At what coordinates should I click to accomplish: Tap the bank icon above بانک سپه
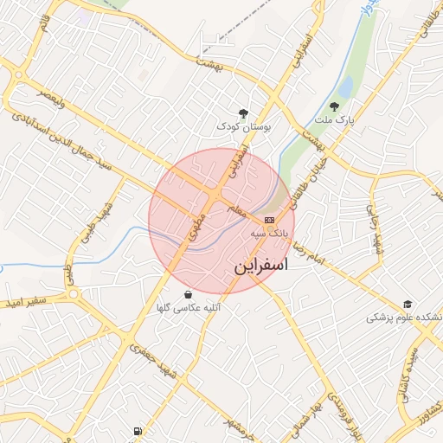[x=269, y=220]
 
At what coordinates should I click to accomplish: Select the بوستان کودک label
[x=244, y=126]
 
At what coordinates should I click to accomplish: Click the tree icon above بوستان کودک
[x=244, y=112]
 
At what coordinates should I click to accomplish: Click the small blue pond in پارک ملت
[x=345, y=87]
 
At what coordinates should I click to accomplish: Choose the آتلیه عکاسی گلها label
[x=188, y=308]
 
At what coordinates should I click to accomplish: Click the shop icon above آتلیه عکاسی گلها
[x=188, y=294]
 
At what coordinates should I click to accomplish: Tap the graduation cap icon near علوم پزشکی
[x=408, y=305]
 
